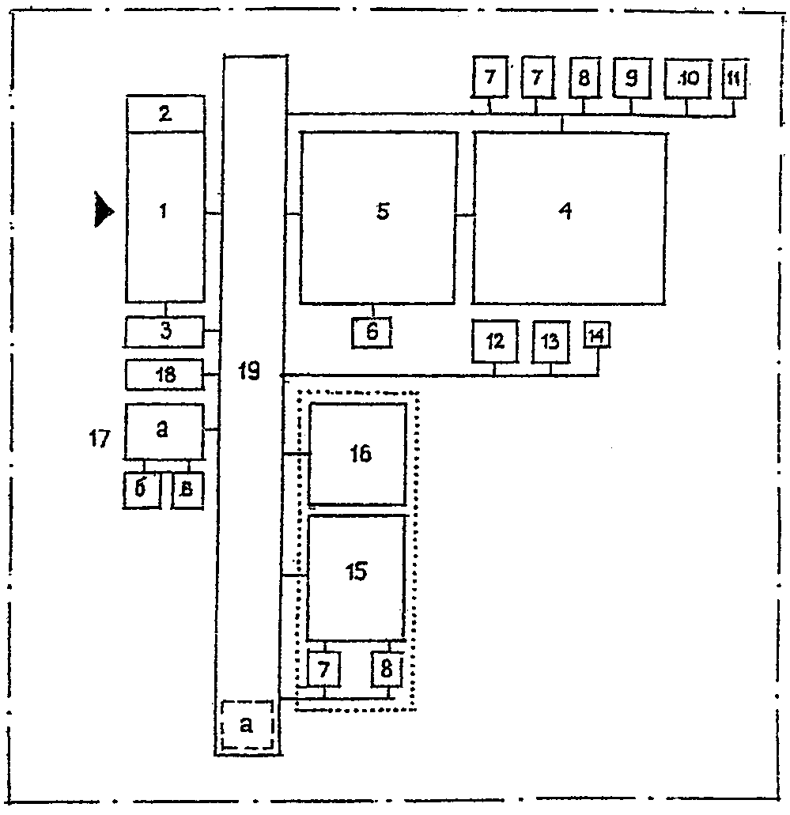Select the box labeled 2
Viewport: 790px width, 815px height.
[165, 114]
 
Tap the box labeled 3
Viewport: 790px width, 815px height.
[164, 331]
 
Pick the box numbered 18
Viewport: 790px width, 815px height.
[164, 374]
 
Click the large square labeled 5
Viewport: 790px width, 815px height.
[378, 217]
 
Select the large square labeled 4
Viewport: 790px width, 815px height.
[569, 217]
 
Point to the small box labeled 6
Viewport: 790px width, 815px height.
[372, 332]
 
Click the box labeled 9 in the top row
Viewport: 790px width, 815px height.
[630, 78]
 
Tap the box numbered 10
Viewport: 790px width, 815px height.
[686, 78]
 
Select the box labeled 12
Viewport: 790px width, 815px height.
[495, 341]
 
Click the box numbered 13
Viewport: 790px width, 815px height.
[550, 341]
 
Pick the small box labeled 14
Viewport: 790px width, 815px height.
[596, 335]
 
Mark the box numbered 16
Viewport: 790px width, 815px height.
[357, 454]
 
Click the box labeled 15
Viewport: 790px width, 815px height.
[356, 577]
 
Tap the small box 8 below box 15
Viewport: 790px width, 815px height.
[387, 670]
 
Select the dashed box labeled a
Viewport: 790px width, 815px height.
[247, 725]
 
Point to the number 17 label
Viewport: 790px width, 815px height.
[100, 439]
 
